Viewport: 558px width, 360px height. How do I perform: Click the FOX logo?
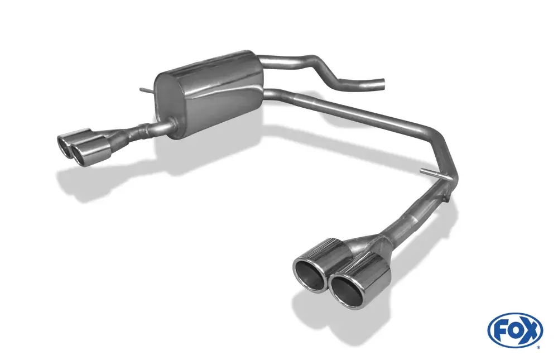point(515,330)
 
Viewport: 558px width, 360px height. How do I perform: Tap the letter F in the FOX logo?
point(499,331)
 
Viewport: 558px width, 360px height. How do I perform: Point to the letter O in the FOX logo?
point(514,331)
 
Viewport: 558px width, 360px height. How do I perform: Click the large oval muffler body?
point(210,95)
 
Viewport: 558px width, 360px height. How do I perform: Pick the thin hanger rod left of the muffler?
point(147,91)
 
